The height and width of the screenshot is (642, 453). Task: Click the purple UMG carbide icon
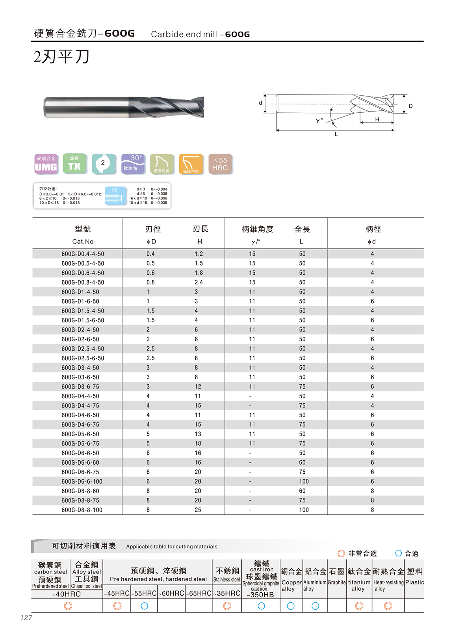46,164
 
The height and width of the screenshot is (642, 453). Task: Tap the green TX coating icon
74,164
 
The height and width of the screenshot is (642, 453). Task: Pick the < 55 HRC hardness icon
220,164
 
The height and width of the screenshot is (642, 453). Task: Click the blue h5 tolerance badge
115,195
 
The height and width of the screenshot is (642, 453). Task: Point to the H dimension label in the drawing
377,119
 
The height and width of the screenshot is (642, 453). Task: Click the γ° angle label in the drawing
319,120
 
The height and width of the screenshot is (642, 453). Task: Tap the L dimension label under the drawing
336,134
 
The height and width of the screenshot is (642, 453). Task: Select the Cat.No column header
83,242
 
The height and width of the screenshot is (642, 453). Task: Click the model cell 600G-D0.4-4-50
83,254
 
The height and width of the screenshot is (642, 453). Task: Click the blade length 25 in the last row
198,510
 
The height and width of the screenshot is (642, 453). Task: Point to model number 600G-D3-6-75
80,387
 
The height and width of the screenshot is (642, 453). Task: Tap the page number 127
26,618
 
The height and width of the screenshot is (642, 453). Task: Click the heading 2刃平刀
62,57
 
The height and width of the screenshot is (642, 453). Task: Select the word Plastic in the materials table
414,582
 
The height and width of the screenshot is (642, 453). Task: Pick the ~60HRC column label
171,594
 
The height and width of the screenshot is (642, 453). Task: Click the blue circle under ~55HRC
144,606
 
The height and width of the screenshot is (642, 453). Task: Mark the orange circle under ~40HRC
68,606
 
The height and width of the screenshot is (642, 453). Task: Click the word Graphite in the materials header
336,582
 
